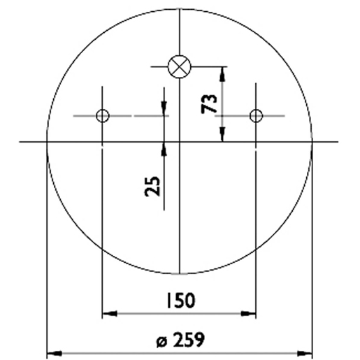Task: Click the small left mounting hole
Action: pyautogui.click(x=103, y=115)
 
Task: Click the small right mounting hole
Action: pyautogui.click(x=256, y=115)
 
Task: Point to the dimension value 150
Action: pyautogui.click(x=180, y=301)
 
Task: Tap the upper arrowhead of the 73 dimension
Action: pyautogui.click(x=223, y=71)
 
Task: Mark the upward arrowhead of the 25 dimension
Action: pyautogui.click(x=164, y=147)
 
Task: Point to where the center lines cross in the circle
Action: pyautogui.click(x=180, y=142)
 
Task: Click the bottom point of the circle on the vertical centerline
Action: pyautogui.click(x=180, y=273)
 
